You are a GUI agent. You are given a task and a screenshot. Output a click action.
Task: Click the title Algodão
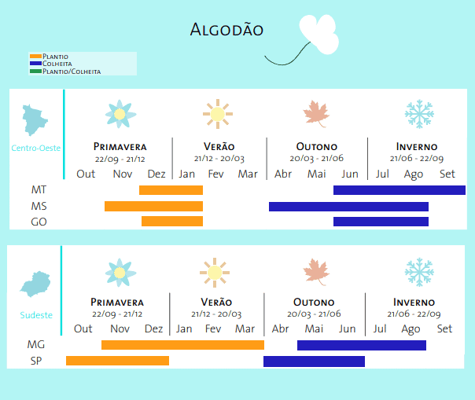[226, 31]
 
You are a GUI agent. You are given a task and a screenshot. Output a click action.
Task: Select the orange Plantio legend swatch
[35, 57]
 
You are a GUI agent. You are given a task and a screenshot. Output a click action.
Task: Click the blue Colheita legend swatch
[35, 64]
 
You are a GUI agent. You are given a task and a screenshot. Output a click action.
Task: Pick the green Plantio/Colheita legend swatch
[35, 71]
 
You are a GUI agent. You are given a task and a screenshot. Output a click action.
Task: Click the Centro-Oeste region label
[36, 148]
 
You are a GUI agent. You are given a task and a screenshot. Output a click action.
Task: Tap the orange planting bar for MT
[171, 190]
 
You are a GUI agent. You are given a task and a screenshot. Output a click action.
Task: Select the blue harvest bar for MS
[348, 207]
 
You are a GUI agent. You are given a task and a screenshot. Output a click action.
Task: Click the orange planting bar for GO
[172, 222]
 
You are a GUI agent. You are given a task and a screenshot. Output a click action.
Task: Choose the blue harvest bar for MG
[361, 345]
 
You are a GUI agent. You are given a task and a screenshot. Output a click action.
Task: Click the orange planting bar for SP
[117, 361]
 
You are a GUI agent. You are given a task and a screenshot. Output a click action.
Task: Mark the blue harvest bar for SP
[314, 361]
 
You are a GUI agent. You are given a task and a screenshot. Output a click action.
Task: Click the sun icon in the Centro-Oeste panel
[216, 114]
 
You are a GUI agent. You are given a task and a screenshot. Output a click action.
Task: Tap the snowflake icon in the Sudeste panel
[418, 272]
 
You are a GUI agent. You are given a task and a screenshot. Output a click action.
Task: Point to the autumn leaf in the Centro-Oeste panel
[316, 114]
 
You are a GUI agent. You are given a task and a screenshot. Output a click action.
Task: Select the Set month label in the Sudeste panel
[444, 328]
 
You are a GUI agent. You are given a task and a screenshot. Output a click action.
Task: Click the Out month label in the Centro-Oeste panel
[86, 174]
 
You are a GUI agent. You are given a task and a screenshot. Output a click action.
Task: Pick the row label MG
[36, 345]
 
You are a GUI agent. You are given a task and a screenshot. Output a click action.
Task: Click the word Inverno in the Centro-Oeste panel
[417, 147]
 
